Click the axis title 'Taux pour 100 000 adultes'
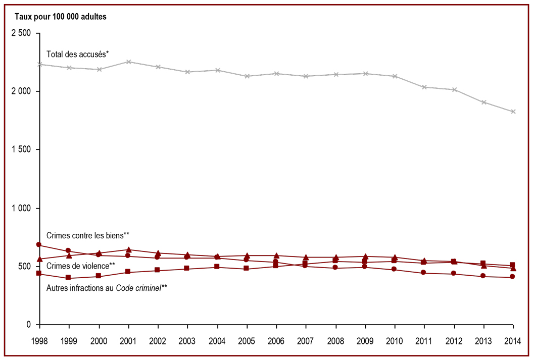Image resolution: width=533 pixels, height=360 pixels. [x=61, y=17]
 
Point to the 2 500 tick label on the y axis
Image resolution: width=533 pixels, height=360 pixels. [x=21, y=33]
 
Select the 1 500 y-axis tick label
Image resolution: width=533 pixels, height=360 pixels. [x=21, y=149]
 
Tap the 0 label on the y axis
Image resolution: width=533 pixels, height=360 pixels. [x=29, y=325]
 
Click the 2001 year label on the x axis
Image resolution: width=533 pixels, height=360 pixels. [x=128, y=341]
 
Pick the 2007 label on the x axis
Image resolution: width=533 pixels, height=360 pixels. [x=306, y=341]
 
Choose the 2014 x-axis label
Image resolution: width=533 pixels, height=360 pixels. [x=513, y=341]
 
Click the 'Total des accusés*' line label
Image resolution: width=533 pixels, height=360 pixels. [x=77, y=54]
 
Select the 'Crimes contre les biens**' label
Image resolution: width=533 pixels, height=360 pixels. [x=88, y=235]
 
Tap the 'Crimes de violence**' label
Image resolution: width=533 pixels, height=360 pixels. [x=80, y=266]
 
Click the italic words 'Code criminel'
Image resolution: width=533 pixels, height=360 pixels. [x=138, y=288]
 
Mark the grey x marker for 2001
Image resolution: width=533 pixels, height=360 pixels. [x=128, y=62]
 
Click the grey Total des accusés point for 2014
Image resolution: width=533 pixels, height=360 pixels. [x=513, y=112]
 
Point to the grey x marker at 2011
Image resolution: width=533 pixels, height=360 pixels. [x=424, y=87]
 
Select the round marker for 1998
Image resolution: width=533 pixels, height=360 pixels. [x=39, y=244]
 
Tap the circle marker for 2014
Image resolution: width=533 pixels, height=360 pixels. [x=512, y=277]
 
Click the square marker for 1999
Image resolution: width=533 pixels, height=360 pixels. [x=68, y=278]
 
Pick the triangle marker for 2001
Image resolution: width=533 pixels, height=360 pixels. [x=128, y=249]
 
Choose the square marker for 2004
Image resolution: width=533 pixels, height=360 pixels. [x=217, y=267]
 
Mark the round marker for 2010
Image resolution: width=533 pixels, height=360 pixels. [x=394, y=269]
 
